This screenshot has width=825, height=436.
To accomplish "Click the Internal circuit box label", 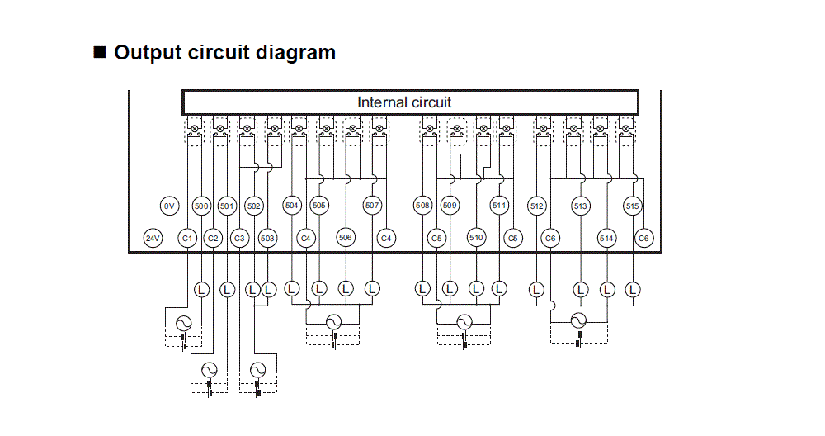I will [404, 102].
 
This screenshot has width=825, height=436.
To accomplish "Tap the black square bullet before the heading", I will [101, 53].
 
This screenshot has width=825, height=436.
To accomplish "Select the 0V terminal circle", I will [169, 206].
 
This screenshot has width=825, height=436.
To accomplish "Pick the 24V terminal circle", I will [153, 239].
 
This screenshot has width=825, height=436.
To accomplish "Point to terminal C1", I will [187, 239].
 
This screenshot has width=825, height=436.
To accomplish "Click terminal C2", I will [213, 239].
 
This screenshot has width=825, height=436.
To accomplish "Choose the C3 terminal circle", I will [239, 239].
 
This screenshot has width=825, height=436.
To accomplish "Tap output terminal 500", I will [200, 206].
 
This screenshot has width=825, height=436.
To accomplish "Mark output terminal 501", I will [227, 206].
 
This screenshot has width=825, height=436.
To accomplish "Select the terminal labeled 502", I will [254, 206].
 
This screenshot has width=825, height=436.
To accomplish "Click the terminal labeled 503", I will [267, 239].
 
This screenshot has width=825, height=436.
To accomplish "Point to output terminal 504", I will [291, 206].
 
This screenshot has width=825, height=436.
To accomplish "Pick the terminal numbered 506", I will [346, 238].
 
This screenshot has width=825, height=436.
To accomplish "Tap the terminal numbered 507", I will [372, 206].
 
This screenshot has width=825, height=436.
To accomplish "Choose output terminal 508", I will [422, 206].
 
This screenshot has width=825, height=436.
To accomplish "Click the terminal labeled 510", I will [476, 238].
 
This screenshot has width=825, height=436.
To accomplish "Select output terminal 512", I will [537, 206].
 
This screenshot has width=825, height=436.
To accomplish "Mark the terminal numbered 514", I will [607, 239].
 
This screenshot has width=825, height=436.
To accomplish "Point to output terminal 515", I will [633, 206].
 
